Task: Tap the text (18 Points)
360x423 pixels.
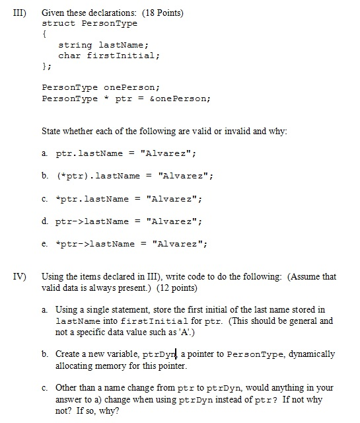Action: [x=166, y=13]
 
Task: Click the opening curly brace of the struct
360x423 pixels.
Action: [x=44, y=33]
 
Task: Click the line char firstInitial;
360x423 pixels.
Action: [x=109, y=56]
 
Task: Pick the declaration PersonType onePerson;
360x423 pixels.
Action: [x=101, y=88]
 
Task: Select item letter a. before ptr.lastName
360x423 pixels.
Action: [x=44, y=153]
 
